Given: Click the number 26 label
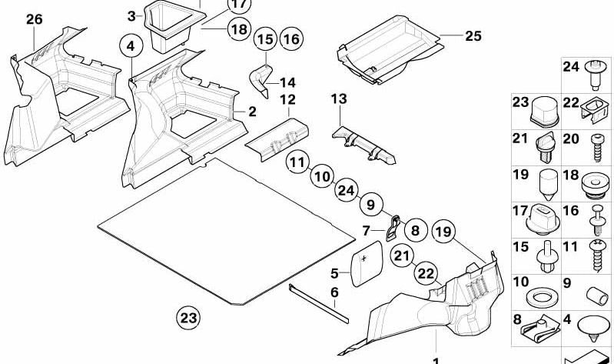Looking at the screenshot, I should pos(33,20).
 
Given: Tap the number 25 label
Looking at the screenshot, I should pos(473,35).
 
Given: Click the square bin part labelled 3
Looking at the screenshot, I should pos(171,25).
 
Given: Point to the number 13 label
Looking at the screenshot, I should pos(339,99).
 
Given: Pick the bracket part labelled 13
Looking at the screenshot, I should pos(364,143).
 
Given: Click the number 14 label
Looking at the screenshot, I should pos(287,82).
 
